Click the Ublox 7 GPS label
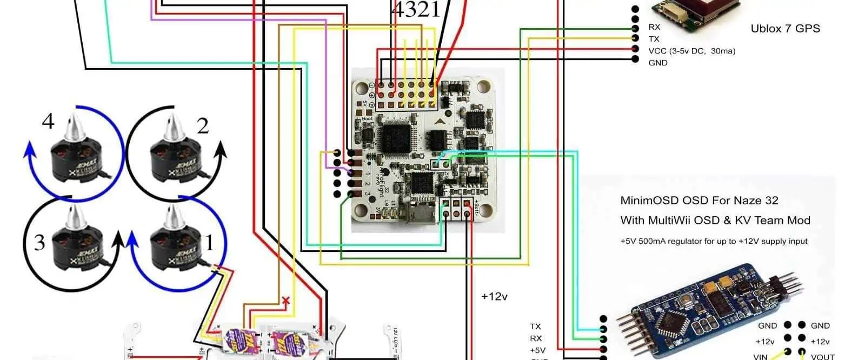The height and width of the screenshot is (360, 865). coord(785,29)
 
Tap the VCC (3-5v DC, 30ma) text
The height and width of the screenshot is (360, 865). coord(691,51)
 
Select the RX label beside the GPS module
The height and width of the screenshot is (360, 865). coord(654,27)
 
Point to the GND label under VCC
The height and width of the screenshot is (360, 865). coord(658,63)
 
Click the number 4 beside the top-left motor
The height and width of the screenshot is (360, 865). coord(48,121)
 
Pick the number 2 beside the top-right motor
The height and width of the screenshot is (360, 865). coord(203,126)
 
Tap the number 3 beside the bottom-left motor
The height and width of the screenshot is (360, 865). coord(39,242)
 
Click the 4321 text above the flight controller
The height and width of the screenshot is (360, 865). coord(415,10)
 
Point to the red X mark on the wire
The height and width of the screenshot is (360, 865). coord(286,301)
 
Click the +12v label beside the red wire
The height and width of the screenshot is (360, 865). coord(494,296)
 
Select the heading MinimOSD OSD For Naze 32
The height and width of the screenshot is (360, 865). coord(699,201)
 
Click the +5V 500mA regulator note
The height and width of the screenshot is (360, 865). coord(714,241)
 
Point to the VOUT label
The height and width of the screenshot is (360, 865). coord(822,357)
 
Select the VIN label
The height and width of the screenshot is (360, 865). coord(760,357)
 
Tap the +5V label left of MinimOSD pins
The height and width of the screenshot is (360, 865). coord(537,350)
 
